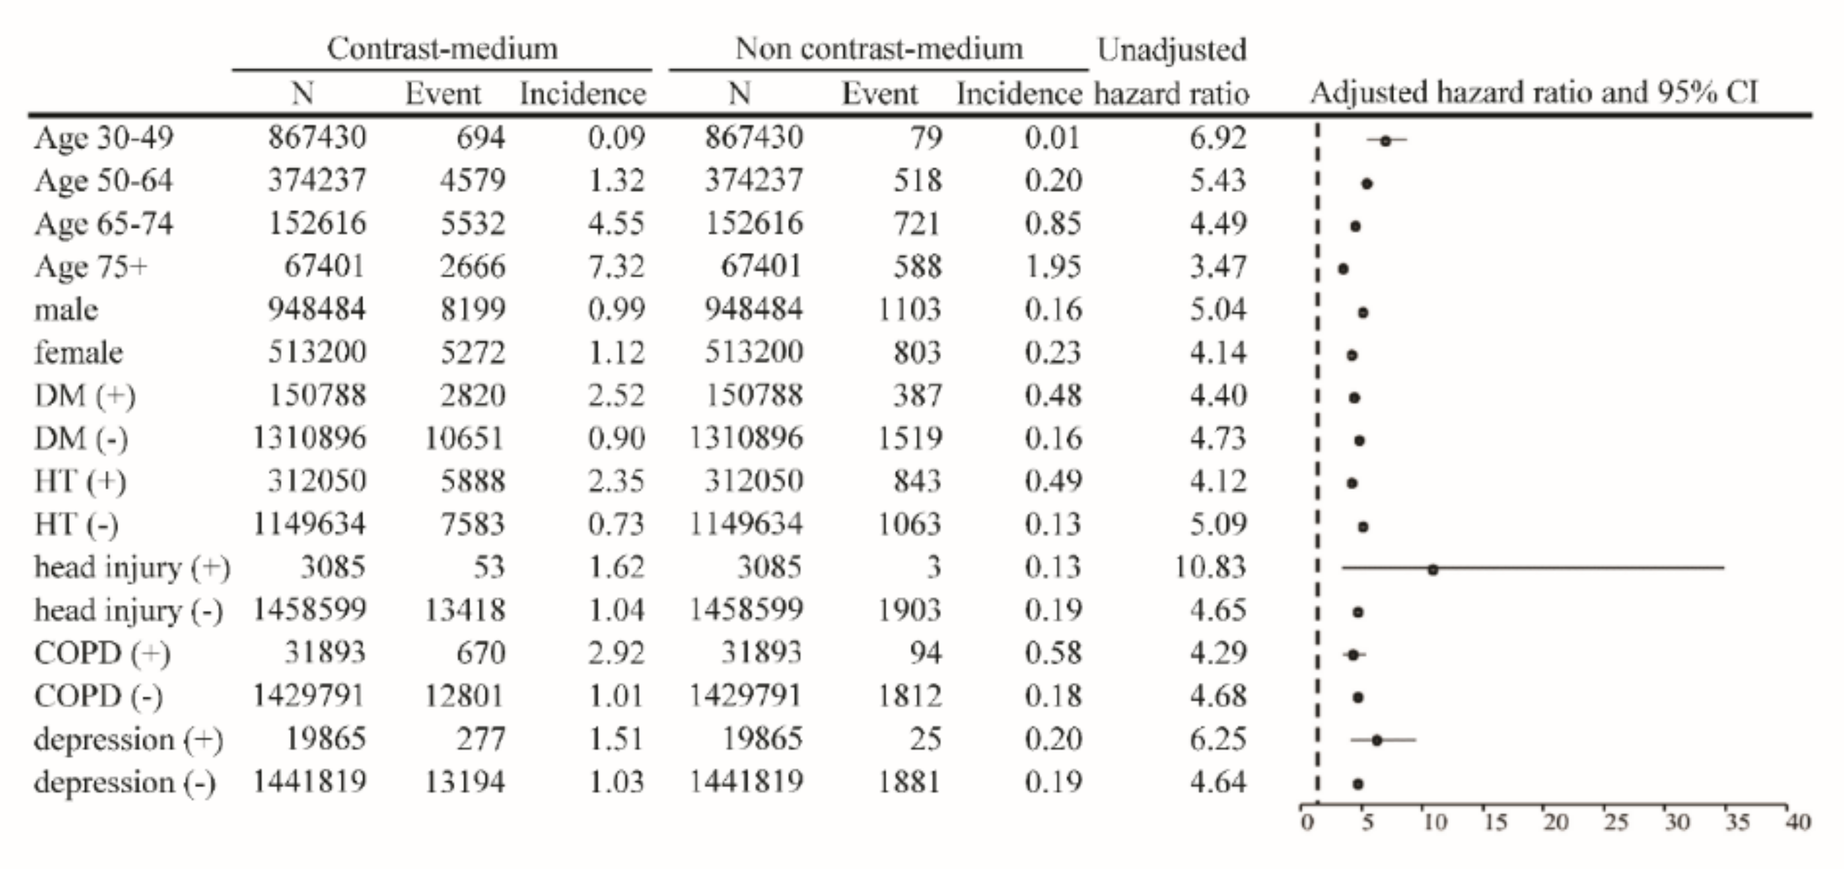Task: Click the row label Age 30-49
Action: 104,138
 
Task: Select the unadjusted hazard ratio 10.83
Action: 1210,567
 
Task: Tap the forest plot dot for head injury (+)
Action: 1433,570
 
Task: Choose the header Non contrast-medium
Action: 879,49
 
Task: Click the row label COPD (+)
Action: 102,653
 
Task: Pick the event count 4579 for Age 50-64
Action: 473,180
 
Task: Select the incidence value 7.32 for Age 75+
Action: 616,266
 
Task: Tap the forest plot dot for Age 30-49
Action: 1385,141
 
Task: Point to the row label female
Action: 79,352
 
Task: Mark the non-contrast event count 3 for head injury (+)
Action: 933,567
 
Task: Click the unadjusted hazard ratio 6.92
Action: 1218,138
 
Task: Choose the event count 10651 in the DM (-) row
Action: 464,438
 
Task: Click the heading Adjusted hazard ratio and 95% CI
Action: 1533,93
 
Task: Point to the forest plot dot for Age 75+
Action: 1344,269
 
